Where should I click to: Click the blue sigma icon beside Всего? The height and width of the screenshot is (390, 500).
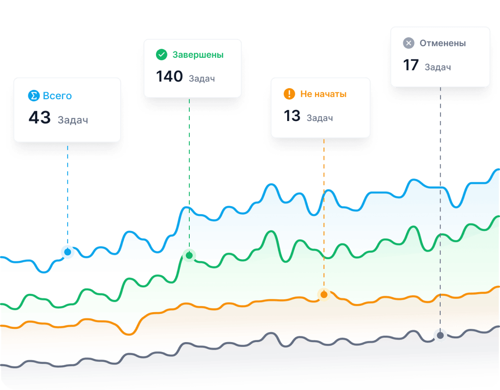34,96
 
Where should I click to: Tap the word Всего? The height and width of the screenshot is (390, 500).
57,96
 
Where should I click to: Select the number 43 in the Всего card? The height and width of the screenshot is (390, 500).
40,118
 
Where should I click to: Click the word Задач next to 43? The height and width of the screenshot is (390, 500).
73,120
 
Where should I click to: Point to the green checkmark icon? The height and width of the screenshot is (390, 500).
162,55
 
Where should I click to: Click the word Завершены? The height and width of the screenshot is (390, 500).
198,55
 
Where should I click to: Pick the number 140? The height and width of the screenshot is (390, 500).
169,77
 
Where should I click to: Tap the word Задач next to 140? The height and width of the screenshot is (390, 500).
202,79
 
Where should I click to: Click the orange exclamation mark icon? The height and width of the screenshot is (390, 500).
290,94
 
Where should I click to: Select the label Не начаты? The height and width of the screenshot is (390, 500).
323,94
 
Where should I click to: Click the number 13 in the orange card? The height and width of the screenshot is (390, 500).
292,116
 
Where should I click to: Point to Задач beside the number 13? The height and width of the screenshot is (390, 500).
320,118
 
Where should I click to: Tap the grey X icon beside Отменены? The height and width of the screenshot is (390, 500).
409,43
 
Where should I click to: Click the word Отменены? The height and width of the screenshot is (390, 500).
443,43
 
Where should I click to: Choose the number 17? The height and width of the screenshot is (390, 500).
411,65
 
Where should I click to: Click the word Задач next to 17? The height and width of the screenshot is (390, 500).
438,67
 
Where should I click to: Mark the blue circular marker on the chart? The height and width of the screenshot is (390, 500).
68,252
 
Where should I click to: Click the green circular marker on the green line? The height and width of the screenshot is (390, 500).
189,256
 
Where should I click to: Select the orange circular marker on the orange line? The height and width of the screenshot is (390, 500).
324,295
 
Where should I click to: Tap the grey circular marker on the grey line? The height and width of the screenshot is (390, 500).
440,336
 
